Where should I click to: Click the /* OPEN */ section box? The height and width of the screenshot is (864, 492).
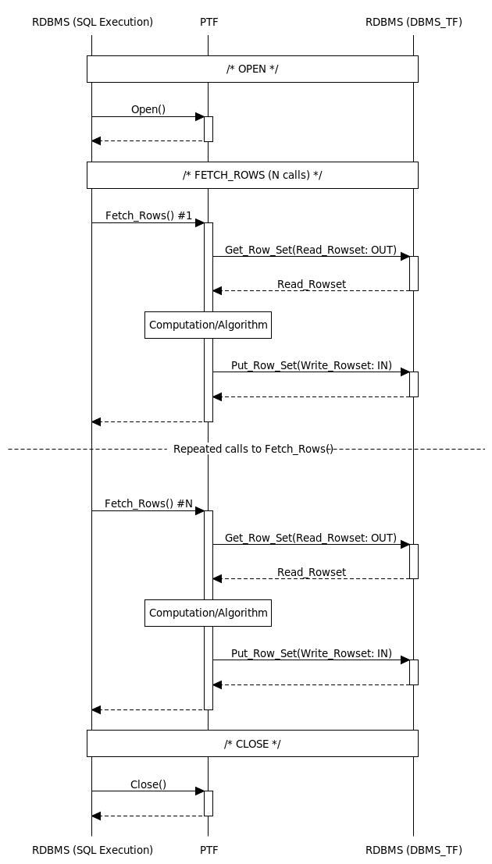[x=252, y=69]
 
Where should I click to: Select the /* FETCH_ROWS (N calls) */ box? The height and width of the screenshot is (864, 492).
[x=252, y=175]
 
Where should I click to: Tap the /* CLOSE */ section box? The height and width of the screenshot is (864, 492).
[x=252, y=743]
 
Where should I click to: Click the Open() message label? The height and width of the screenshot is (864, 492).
[x=148, y=109]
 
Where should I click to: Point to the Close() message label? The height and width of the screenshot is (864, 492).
[x=148, y=784]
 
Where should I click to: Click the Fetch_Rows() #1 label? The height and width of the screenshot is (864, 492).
[x=148, y=215]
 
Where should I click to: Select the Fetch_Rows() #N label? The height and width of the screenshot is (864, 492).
[x=148, y=503]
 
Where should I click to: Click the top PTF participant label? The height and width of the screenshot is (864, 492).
[x=209, y=22]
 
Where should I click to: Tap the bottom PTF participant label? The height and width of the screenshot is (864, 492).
[x=209, y=849]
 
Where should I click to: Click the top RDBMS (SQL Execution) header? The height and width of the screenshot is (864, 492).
[x=92, y=22]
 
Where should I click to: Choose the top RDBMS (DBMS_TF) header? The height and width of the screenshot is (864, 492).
[x=413, y=22]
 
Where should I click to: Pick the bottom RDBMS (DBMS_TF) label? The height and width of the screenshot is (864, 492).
[x=413, y=849]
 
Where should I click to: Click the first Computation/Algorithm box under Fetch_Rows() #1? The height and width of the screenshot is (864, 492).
[x=208, y=325]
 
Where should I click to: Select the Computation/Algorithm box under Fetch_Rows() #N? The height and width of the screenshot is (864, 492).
[x=208, y=613]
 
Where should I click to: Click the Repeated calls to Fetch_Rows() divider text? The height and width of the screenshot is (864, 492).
[x=253, y=449]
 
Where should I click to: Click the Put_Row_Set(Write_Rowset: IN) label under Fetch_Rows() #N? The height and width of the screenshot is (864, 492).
[x=311, y=653]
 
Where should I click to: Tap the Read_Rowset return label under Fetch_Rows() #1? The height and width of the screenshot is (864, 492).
[x=311, y=284]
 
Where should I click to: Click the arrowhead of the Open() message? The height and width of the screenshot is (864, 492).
[x=200, y=117]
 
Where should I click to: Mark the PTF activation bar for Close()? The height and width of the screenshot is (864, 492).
[x=209, y=803]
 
